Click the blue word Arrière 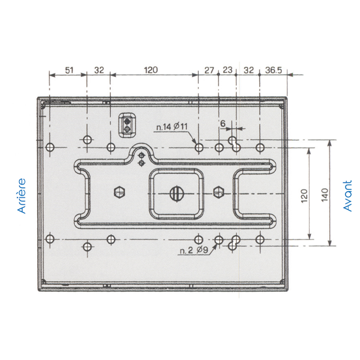[x=22, y=196]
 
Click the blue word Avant [x=347, y=196]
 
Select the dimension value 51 [x=69, y=70]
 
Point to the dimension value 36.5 [x=274, y=70]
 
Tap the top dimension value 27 [x=209, y=70]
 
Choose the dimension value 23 [x=228, y=70]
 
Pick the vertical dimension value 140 [x=324, y=195]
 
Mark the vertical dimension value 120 [x=304, y=196]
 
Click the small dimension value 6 [x=223, y=123]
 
